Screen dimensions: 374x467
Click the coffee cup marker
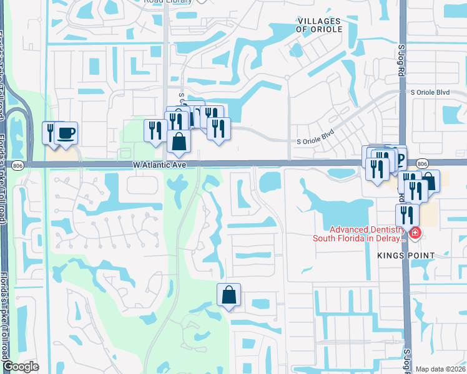[66, 133]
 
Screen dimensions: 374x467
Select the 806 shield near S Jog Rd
[422, 163]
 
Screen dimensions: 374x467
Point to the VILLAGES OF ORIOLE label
[319, 26]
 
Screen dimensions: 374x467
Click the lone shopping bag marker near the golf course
[229, 294]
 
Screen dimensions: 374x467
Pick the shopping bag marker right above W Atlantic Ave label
[179, 141]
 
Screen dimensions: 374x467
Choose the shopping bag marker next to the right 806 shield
[430, 181]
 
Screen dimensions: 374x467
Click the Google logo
[21, 367]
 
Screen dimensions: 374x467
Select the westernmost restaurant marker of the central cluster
[154, 130]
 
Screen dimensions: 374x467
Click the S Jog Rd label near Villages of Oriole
[401, 60]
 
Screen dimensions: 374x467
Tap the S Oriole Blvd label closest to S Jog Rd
[430, 92]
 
